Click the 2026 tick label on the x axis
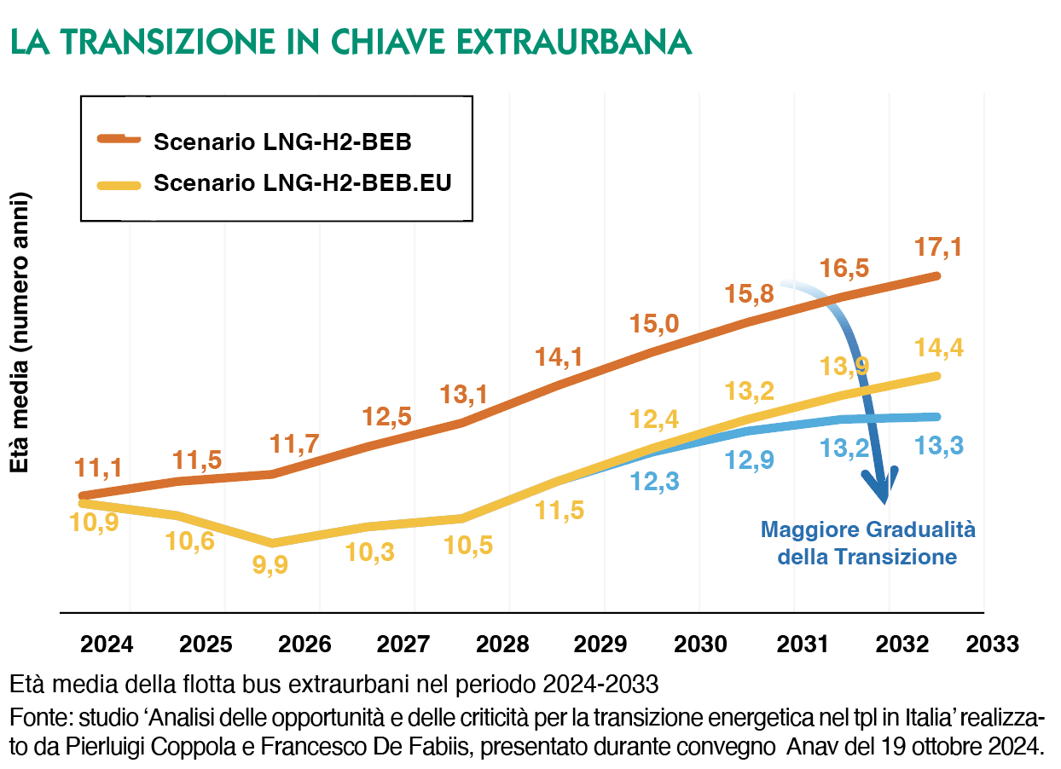coord(296,643)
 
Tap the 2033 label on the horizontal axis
coord(992,643)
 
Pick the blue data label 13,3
coord(939,445)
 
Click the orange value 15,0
coord(654,325)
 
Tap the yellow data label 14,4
coord(939,347)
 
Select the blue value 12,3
coord(655,483)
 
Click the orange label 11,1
coord(97,467)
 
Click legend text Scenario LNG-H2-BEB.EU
coord(302,183)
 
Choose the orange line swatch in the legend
coord(119,139)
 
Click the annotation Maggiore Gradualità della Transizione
coord(867,543)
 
